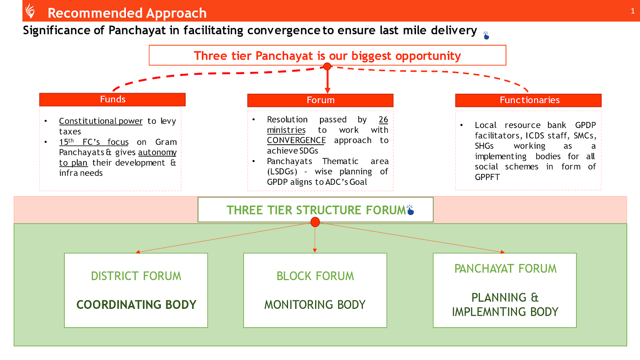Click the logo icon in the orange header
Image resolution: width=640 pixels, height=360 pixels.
30,11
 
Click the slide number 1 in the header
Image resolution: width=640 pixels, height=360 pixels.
632,11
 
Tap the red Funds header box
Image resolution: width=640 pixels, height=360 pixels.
112,100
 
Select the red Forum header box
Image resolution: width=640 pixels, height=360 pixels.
320,100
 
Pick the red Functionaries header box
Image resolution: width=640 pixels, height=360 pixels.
528,100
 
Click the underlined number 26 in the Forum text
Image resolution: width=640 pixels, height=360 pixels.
383,120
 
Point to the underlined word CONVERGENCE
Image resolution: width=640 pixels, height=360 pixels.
296,140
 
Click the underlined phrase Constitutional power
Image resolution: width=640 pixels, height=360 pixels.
101,121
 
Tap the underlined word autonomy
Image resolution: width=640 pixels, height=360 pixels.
157,152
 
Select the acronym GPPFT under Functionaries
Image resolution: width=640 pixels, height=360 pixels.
487,177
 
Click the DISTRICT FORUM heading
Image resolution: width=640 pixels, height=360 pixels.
136,276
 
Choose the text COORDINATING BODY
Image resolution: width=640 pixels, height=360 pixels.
136,305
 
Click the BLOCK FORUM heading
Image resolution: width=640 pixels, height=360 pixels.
315,276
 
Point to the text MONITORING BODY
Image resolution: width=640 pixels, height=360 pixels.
315,305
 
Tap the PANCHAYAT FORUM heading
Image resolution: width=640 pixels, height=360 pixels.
505,269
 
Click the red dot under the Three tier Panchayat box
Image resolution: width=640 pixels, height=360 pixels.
327,66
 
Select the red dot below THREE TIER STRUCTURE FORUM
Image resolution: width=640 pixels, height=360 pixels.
315,222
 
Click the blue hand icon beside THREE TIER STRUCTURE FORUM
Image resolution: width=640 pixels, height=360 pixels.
410,210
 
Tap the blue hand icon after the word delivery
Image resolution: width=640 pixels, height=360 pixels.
486,36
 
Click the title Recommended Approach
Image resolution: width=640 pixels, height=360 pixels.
127,13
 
